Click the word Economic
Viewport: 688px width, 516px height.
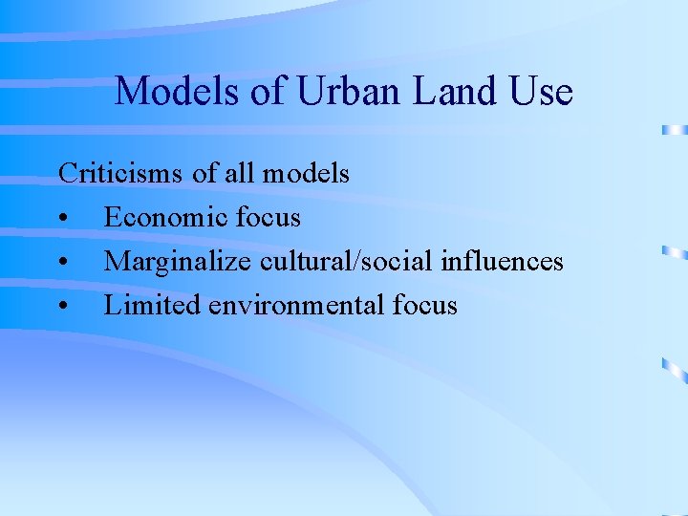click(163, 217)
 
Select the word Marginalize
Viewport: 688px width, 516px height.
click(177, 261)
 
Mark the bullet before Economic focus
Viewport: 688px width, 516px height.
click(63, 219)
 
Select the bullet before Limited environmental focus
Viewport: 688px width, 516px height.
click(63, 307)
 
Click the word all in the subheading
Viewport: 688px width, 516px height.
click(240, 173)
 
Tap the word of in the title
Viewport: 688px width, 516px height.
click(273, 92)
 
